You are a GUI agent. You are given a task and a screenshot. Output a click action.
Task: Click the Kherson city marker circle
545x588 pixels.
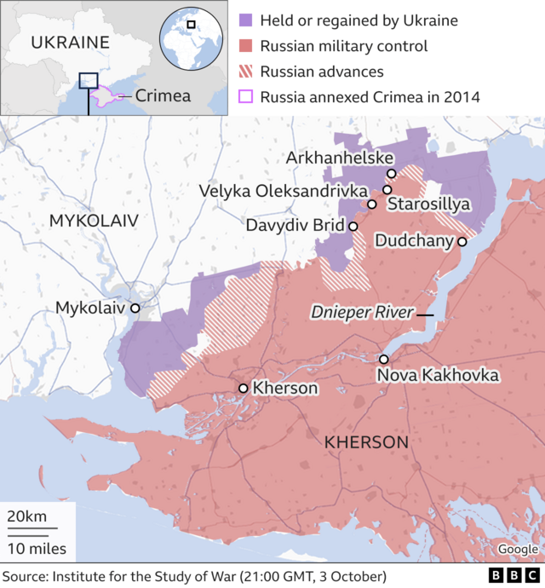[x=244, y=389]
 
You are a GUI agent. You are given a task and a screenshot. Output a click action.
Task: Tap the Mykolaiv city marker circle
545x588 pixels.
[x=135, y=308]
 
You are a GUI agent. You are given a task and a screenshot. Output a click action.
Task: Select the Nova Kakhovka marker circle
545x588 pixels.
[x=384, y=360]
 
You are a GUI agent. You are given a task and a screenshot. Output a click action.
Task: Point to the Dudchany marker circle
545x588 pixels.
[x=462, y=242]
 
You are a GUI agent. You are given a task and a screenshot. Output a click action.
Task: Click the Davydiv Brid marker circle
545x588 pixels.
[x=353, y=226]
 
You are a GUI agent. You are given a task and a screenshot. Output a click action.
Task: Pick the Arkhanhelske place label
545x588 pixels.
[x=340, y=159]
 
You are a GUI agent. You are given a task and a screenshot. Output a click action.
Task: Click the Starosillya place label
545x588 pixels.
[x=428, y=205]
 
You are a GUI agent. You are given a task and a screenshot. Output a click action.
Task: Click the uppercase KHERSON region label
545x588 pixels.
[x=366, y=442]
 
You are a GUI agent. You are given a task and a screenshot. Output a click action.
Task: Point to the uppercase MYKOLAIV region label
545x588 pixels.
[x=93, y=221]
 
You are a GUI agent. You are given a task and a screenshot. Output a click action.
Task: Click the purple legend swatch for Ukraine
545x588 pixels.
[x=247, y=20]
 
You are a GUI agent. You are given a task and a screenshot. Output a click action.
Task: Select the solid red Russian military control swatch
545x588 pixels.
[x=247, y=46]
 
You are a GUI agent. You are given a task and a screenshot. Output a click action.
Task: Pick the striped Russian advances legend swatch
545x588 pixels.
[x=247, y=72]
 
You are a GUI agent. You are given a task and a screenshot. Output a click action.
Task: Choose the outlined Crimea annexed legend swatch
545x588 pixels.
[x=247, y=97]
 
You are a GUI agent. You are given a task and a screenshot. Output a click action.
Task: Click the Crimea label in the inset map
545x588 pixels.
[x=163, y=95]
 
